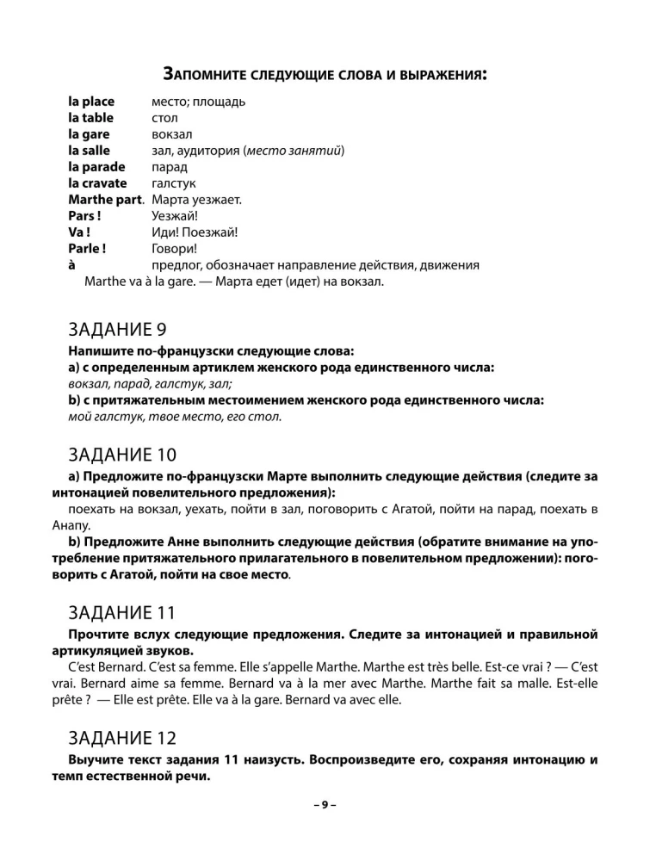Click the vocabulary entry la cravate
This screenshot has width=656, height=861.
point(97,183)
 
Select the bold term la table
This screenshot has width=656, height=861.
point(90,118)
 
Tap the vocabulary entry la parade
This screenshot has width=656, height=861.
point(96,167)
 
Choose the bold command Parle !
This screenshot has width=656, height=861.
point(87,249)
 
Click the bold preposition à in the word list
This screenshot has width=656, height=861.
point(72,265)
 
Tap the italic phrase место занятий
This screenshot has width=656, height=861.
point(293,151)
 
